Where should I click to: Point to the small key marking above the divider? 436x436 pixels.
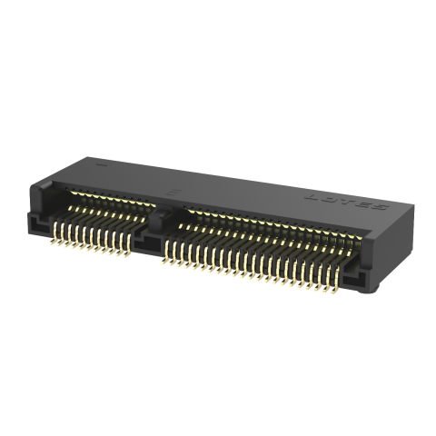(x=174, y=193)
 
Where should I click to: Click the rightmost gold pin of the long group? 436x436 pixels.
(x=342, y=289)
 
